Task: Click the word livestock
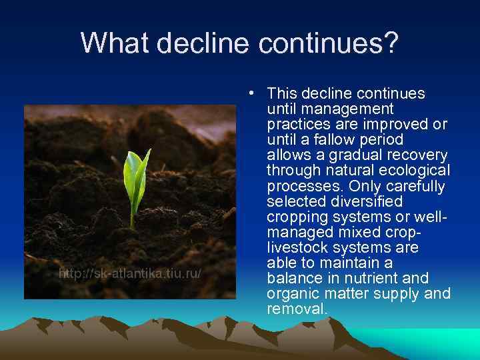[x=297, y=247]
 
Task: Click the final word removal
[x=297, y=309]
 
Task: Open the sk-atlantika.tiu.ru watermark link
[x=130, y=274]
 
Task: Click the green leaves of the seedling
[x=136, y=173]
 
